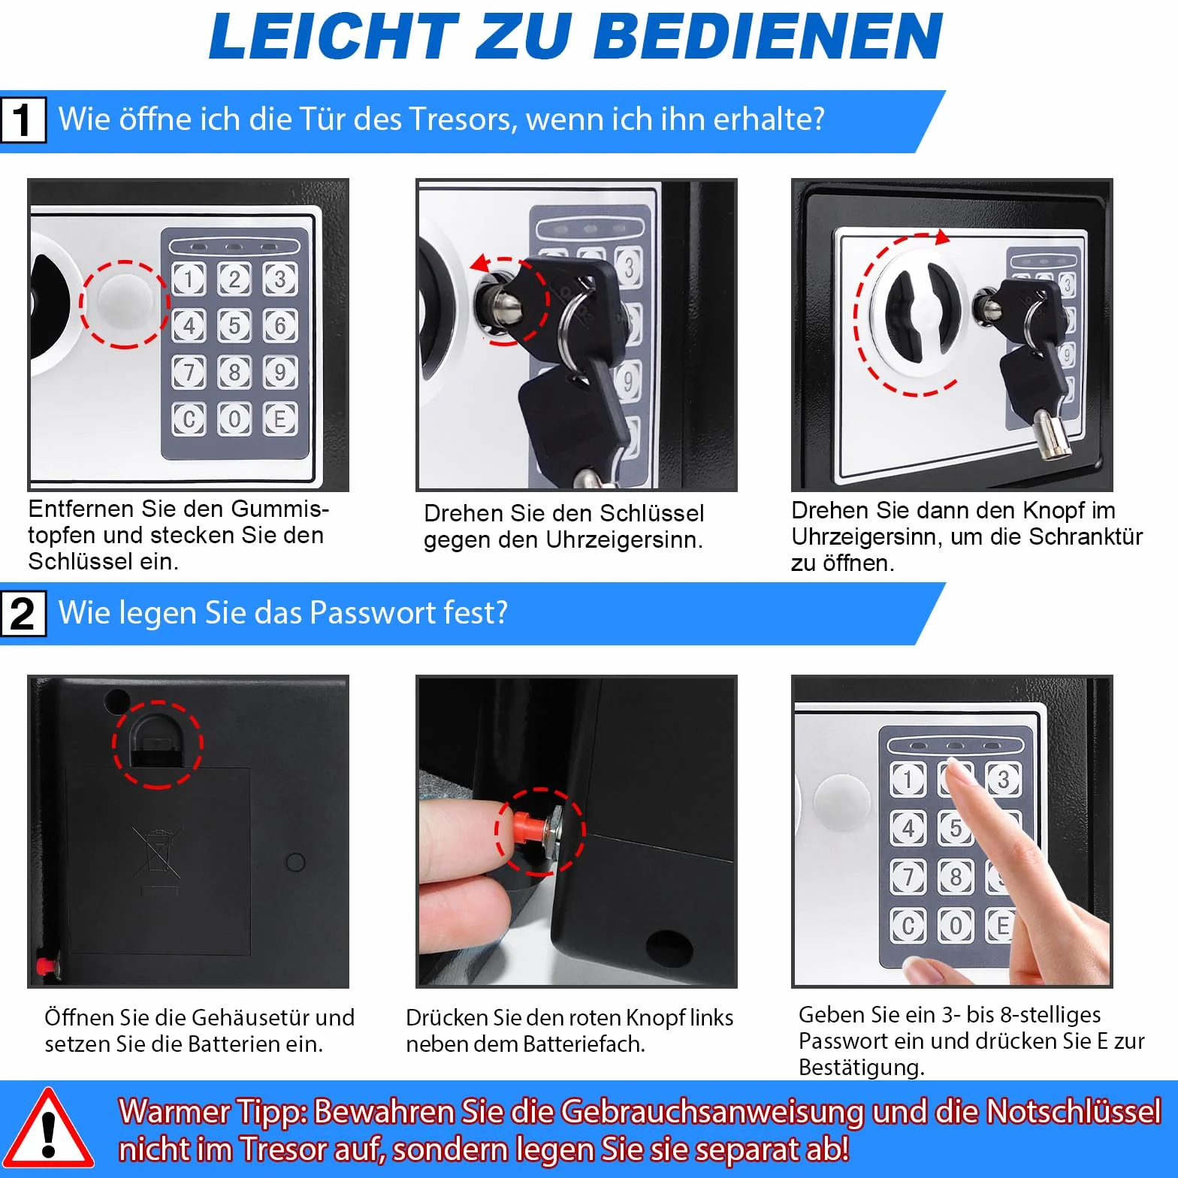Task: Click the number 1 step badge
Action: [23, 119]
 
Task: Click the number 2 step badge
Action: [23, 613]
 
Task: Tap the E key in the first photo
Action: [279, 418]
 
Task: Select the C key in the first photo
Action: [189, 418]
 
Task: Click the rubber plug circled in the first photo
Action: [123, 304]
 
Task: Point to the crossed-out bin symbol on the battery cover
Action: [157, 854]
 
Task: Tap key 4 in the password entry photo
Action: [908, 828]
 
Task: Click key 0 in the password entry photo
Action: [956, 925]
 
